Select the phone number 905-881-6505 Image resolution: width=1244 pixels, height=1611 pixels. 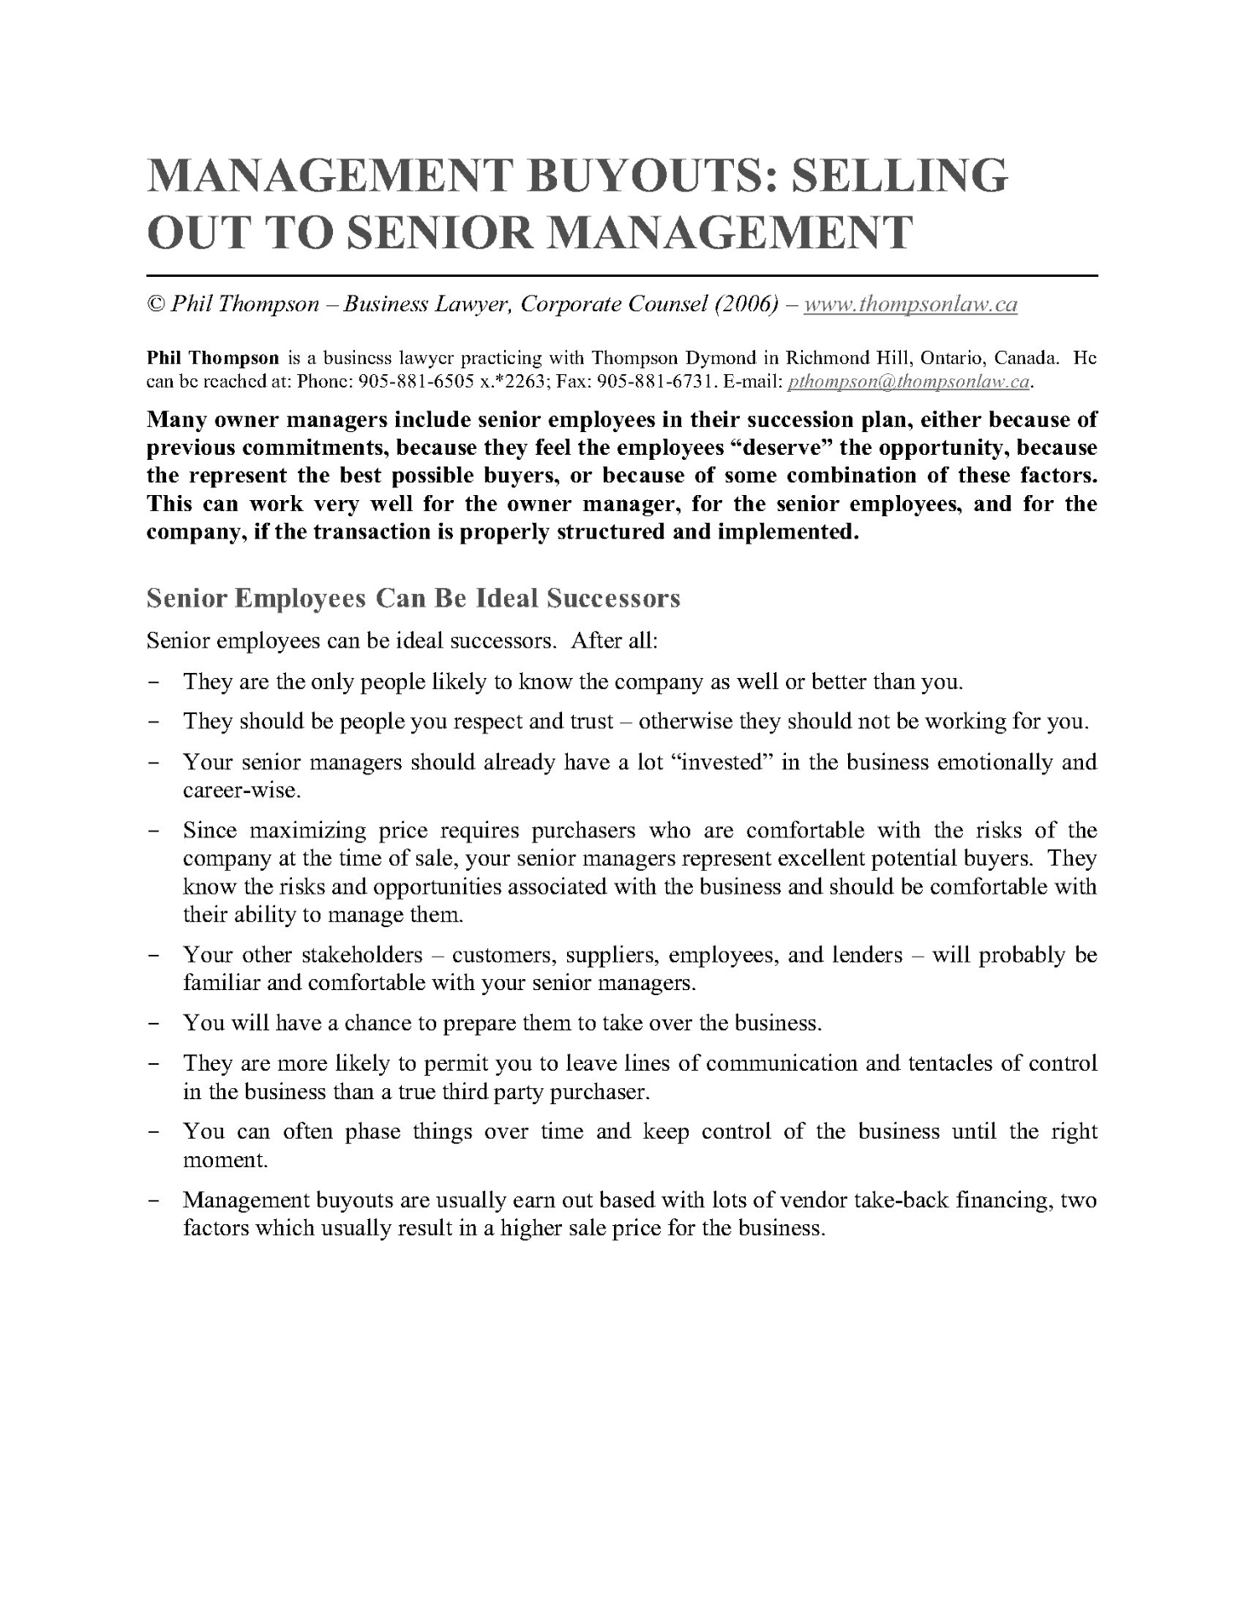point(407,383)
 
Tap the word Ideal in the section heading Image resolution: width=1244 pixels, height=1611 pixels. point(507,598)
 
